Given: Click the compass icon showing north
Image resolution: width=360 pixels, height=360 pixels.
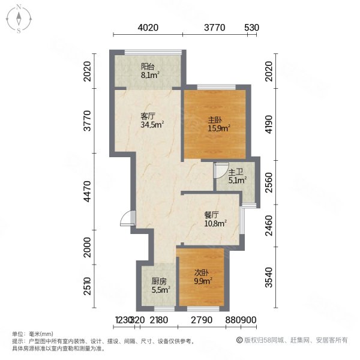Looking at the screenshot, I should coord(19,18).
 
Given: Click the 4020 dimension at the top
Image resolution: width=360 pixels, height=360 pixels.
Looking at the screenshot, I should coord(147,28).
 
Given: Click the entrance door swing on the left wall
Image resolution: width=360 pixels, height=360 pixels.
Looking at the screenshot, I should coord(127,219).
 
